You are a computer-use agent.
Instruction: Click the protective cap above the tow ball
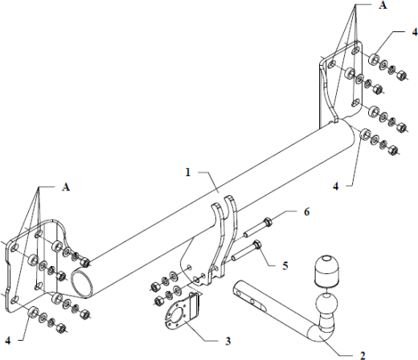[x=326, y=271]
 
